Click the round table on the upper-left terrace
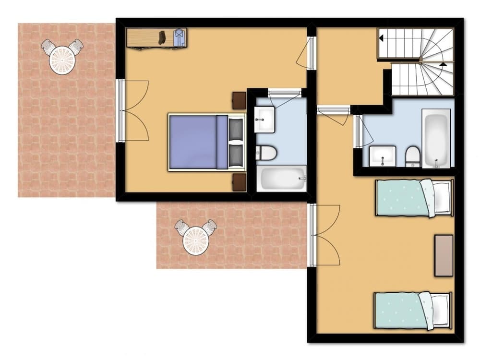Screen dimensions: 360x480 coord(62,60)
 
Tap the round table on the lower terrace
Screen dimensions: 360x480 coord(196,240)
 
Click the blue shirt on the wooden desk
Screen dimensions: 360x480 coord(179,37)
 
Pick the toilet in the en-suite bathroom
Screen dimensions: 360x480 coord(266,153)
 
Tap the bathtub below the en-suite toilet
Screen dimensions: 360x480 coord(282,178)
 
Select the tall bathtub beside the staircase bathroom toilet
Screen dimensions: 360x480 coord(436,138)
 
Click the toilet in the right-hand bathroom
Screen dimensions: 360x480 coord(413,156)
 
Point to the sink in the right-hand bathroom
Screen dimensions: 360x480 coord(383,156)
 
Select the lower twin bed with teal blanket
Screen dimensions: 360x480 coord(413,311)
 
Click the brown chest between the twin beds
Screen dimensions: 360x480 coord(444,255)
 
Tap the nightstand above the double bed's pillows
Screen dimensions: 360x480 coord(239,100)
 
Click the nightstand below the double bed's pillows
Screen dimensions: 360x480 coord(239,182)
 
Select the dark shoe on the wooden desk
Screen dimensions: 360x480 coord(162,37)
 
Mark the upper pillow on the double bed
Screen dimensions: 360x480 coord(236,129)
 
